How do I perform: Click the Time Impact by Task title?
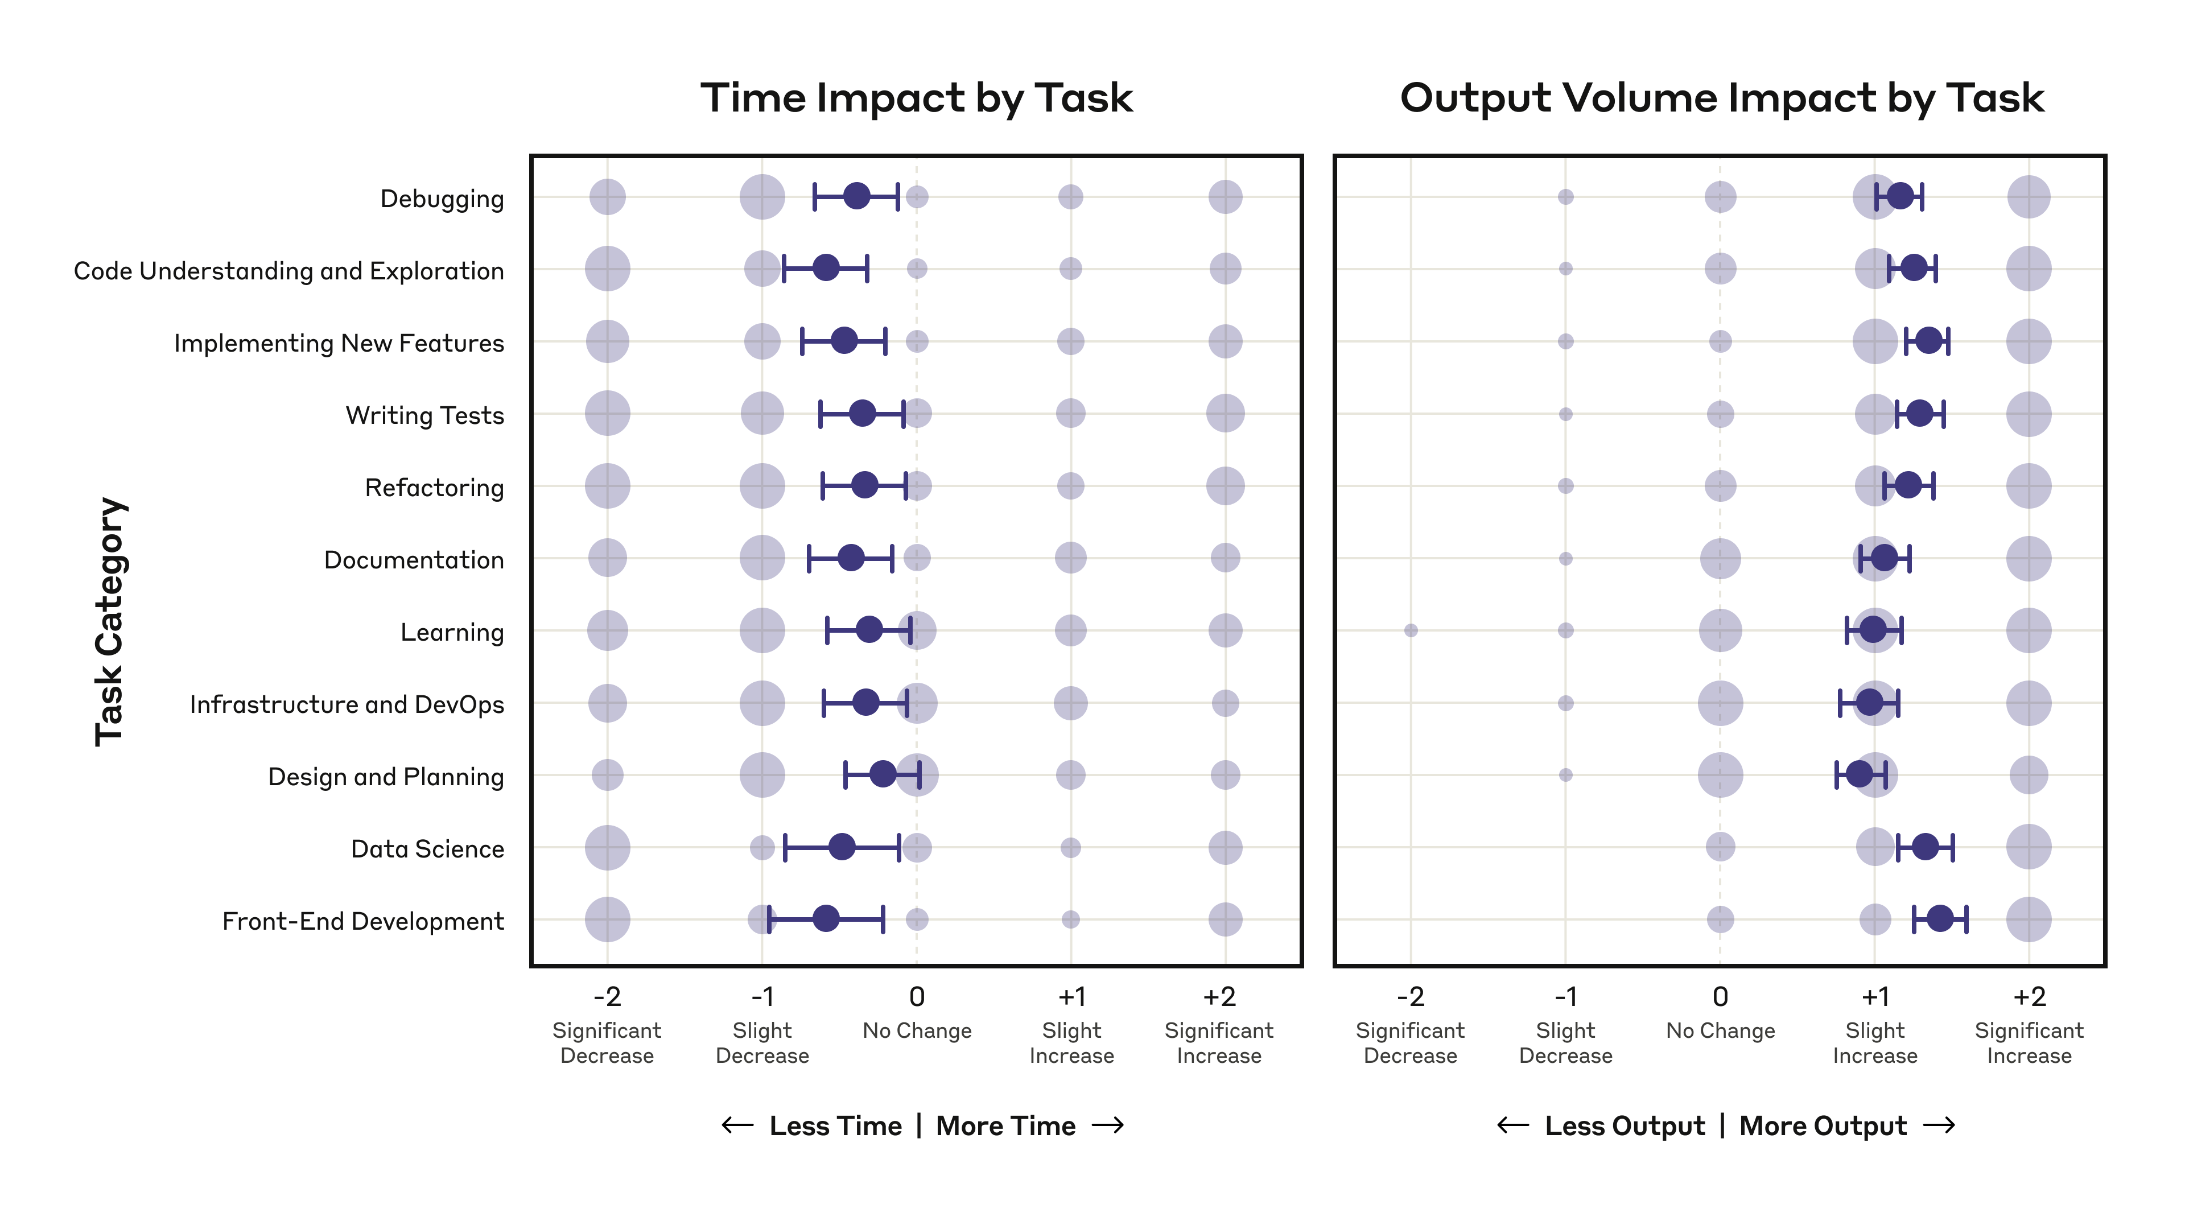(916, 98)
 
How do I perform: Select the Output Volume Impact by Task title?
(1721, 98)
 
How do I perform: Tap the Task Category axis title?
(110, 622)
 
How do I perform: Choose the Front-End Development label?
(362, 921)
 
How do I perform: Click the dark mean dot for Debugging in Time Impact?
(857, 196)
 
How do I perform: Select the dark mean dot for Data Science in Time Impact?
(842, 847)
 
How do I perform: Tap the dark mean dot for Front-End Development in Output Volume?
(1940, 918)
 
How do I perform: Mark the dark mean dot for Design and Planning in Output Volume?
(1860, 774)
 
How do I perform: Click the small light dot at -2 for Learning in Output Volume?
(1411, 630)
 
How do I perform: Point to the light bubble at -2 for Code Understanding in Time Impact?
(607, 269)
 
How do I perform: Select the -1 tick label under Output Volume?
(1566, 997)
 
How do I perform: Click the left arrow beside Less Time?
(737, 1125)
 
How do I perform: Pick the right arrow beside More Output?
(1939, 1125)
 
